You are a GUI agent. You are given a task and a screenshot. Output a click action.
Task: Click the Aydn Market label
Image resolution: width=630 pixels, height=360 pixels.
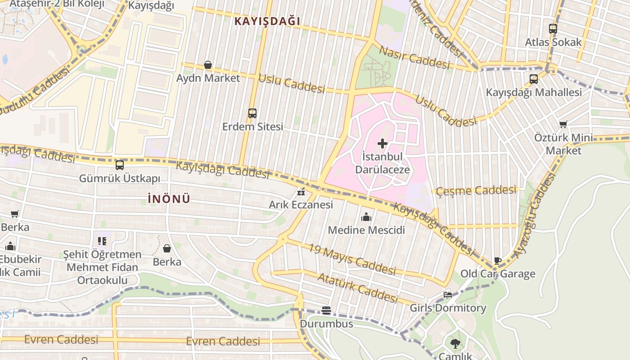(208, 78)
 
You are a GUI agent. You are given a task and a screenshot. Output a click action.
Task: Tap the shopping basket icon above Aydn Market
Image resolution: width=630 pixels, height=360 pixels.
(208, 65)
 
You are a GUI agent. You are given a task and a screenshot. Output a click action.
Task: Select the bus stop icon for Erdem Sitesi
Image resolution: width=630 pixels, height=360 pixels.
(252, 113)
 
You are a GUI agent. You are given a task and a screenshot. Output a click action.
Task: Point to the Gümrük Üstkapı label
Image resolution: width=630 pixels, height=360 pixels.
(119, 179)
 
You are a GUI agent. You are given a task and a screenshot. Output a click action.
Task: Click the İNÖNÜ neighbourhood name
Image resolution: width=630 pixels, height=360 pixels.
(169, 199)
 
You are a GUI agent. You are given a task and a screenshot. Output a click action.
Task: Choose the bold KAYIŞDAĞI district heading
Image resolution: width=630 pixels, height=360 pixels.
(267, 21)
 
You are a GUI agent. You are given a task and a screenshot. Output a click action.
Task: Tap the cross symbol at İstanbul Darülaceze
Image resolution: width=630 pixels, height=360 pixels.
(382, 144)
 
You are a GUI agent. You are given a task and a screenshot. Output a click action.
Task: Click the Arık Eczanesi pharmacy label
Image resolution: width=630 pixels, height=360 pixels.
(301, 205)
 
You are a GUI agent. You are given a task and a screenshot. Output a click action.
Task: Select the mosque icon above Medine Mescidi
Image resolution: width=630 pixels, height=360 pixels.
(366, 217)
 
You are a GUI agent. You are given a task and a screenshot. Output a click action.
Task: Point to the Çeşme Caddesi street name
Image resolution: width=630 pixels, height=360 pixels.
(476, 190)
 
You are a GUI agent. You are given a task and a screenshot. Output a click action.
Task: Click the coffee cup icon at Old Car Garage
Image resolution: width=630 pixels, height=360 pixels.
(498, 261)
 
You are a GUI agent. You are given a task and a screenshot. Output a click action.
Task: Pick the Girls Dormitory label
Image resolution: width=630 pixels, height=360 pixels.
(448, 308)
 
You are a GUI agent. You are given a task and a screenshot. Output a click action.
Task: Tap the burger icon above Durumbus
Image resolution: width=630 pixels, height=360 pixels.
(326, 310)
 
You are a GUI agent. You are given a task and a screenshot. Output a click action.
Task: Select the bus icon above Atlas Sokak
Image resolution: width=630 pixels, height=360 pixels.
(553, 29)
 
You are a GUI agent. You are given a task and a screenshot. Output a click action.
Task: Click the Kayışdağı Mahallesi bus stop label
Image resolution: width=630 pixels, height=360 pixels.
(534, 92)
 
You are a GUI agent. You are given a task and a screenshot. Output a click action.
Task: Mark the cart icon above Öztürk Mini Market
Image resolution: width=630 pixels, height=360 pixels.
(563, 124)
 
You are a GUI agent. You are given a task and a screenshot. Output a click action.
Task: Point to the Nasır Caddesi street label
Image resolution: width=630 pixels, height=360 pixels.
(414, 57)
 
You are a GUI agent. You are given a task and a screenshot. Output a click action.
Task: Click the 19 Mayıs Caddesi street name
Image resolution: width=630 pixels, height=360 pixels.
(351, 259)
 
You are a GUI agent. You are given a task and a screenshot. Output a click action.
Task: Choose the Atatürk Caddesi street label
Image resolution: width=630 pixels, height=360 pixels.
(358, 288)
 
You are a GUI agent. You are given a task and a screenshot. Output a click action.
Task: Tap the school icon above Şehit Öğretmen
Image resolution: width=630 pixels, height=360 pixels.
(102, 241)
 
